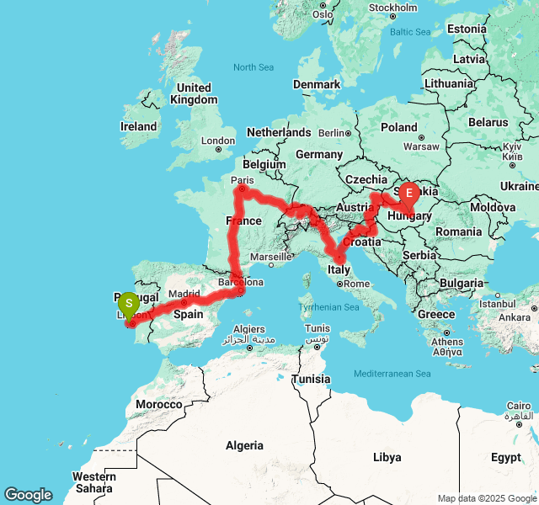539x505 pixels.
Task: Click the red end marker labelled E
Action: [409, 194]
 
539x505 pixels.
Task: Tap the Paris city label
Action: [242, 180]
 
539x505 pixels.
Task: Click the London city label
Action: [218, 141]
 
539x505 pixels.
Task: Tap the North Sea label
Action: [253, 67]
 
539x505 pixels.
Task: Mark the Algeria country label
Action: [244, 445]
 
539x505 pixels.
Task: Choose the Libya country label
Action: [387, 457]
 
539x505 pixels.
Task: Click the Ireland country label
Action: [138, 126]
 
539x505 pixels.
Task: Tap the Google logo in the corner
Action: [28, 495]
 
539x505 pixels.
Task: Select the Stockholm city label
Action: [392, 8]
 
